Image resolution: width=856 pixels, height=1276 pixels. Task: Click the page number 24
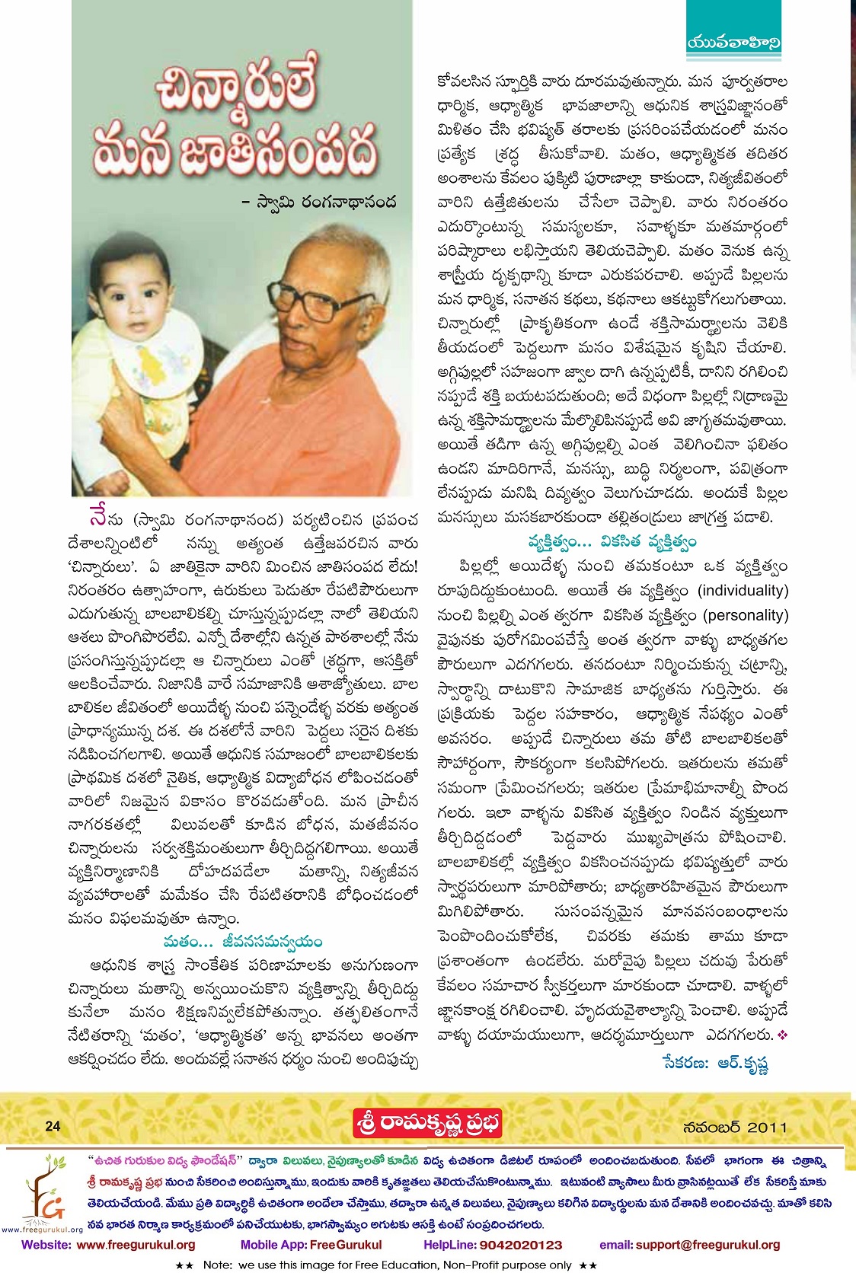click(x=53, y=1126)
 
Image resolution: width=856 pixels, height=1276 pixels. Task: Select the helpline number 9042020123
click(x=521, y=1245)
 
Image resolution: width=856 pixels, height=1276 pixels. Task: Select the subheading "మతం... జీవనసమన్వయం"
click(x=242, y=943)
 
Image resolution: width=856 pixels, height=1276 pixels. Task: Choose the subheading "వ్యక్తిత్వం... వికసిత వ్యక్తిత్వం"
click(x=612, y=542)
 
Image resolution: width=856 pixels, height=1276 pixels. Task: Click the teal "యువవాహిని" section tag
click(x=733, y=43)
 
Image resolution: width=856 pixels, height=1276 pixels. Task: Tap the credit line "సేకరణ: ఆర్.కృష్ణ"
click(x=715, y=1064)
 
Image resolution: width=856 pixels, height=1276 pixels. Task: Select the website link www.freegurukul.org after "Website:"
click(x=136, y=1245)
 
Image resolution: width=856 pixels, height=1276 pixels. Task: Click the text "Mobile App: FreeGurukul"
click(x=311, y=1245)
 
